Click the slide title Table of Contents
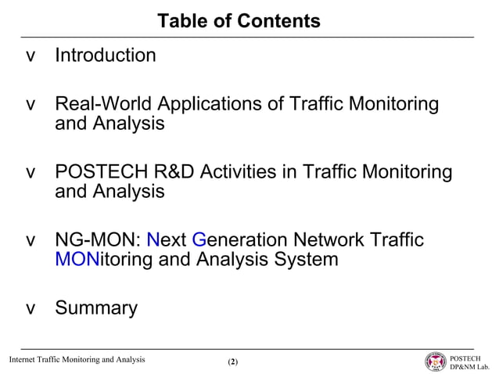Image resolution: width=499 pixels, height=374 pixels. (239, 22)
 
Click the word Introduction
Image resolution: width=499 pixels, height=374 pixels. (105, 56)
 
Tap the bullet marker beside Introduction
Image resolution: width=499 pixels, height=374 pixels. (31, 56)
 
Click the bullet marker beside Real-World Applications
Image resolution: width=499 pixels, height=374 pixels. (31, 105)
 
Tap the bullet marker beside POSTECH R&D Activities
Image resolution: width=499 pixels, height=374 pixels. (31, 172)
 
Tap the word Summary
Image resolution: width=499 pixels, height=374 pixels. (95, 308)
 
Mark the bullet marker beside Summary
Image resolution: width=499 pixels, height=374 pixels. (31, 309)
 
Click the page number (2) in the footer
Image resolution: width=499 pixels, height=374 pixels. (232, 362)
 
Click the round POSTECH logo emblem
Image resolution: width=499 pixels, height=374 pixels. (435, 361)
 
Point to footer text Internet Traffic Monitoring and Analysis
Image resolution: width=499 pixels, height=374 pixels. (77, 360)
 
